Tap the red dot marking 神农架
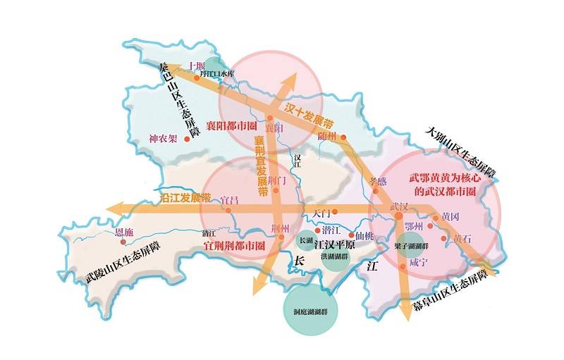click(x=187, y=139)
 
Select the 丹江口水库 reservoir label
click(x=216, y=73)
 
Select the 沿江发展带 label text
click(x=185, y=197)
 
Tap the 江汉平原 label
click(x=333, y=245)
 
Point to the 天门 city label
click(x=321, y=211)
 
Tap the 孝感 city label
click(x=379, y=181)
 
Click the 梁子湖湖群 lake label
click(x=414, y=248)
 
